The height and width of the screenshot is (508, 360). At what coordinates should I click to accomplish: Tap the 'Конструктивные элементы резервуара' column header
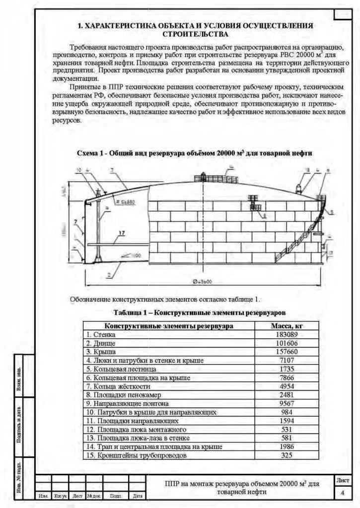(x=169, y=326)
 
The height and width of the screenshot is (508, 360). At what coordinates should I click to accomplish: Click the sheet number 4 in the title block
(x=343, y=493)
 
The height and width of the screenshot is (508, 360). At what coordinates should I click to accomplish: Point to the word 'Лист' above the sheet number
(x=343, y=480)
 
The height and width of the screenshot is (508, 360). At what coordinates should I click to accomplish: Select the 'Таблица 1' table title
(x=199, y=313)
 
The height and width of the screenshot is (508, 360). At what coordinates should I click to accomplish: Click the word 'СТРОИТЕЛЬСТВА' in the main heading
(x=196, y=34)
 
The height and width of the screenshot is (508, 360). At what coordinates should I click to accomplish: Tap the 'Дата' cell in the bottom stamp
(x=138, y=496)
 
